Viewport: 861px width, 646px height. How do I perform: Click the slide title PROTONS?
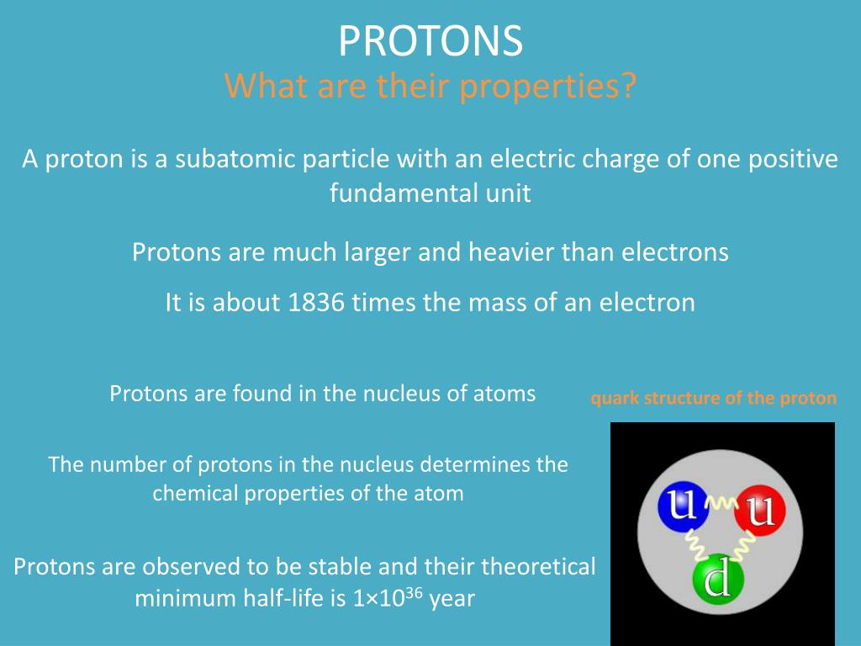pos(430,40)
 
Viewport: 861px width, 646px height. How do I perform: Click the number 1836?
pos(316,302)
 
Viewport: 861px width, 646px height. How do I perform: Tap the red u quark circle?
pos(760,511)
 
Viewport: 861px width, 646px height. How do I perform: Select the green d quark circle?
pos(718,580)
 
